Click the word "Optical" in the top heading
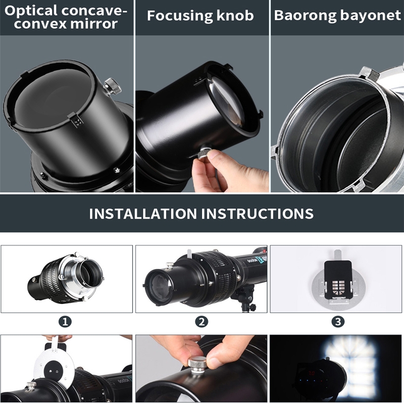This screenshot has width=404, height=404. click(x=31, y=11)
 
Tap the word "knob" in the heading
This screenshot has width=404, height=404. click(x=235, y=16)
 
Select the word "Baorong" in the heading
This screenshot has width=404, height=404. click(x=305, y=16)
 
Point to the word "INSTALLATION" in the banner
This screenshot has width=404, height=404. click(x=143, y=214)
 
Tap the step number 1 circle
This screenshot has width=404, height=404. click(x=65, y=322)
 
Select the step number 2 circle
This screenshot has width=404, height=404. click(x=201, y=322)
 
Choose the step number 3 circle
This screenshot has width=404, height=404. click(x=338, y=322)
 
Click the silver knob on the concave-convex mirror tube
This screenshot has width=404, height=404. click(x=113, y=86)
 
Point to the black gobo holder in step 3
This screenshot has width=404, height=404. click(x=338, y=279)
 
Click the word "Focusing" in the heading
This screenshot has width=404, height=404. click(x=180, y=16)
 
